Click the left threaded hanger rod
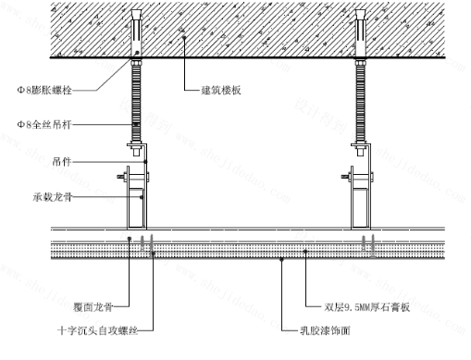pos(138,102)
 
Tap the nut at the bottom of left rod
pos(138,148)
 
